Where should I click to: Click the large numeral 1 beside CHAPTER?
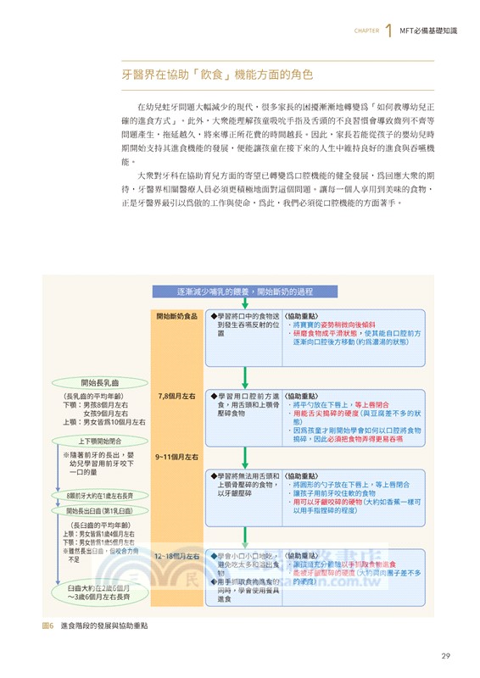388,32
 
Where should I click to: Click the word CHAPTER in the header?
366,34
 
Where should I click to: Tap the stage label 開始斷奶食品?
176,317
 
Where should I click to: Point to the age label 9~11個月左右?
176,458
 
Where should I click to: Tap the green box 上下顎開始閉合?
99,441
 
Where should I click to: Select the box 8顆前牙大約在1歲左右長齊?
99,496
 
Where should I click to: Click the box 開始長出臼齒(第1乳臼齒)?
99,512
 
